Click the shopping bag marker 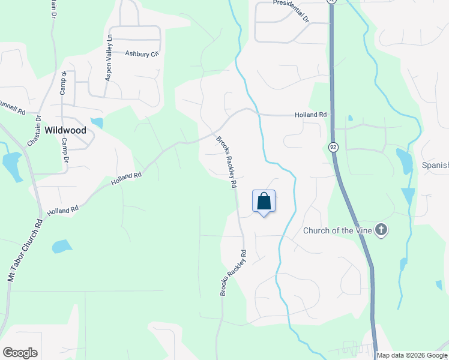264,202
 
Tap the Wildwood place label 65,130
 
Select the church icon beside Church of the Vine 381,230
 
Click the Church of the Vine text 337,230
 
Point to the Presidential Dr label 291,10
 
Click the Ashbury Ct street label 142,53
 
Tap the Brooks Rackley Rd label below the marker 234,272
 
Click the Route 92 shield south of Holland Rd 333,147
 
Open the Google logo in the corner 20,353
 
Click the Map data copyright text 412,355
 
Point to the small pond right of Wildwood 97,123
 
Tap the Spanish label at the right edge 435,165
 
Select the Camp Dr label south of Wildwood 65,151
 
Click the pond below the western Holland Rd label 62,246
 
